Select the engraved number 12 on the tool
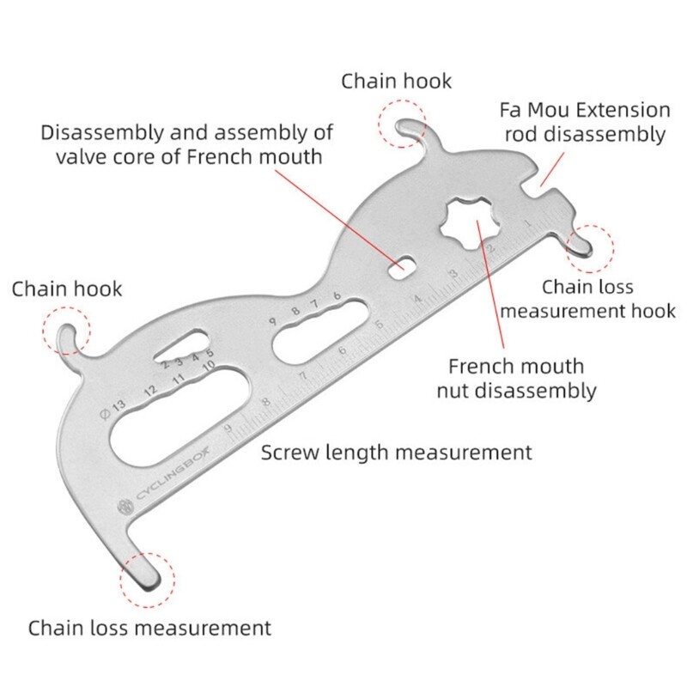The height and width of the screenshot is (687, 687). pos(151,392)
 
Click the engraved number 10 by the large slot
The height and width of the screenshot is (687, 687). pos(206,366)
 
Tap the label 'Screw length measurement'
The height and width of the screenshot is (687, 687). pos(397,452)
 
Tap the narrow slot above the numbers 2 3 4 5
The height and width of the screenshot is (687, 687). pos(176,349)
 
